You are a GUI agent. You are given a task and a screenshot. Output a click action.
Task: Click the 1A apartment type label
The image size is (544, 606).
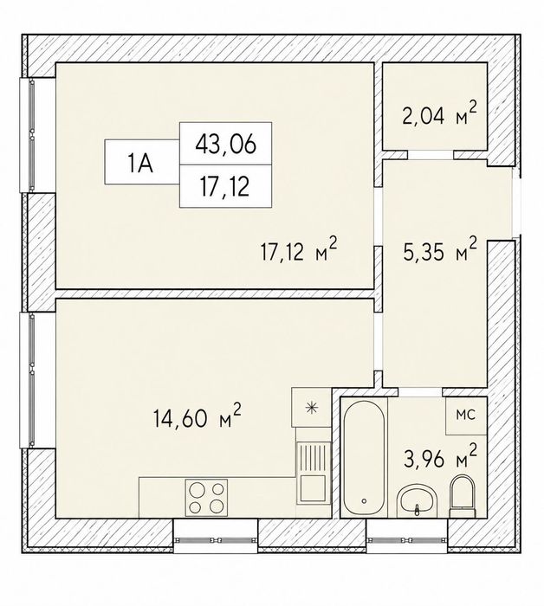pos(141,164)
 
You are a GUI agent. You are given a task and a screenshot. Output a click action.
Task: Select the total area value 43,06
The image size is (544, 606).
pos(226,145)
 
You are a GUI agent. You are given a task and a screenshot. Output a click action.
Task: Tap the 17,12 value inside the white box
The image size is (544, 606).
pos(224,188)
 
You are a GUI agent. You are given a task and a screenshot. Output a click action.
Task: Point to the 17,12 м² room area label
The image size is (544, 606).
pos(299,252)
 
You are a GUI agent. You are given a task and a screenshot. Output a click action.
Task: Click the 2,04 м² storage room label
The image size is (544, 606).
pos(439,114)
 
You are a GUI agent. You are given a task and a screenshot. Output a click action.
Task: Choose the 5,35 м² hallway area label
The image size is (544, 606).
pos(439,251)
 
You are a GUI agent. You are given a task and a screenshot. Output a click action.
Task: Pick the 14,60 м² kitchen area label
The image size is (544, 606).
pos(198,416)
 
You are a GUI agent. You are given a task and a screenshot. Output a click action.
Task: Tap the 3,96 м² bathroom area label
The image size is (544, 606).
pos(440,458)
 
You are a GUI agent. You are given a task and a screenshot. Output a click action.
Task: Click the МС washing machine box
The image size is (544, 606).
pos(465,416)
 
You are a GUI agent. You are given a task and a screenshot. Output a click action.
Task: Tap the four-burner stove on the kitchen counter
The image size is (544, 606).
pos(206,498)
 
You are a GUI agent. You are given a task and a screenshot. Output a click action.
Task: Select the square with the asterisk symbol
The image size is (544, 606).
pos(311,407)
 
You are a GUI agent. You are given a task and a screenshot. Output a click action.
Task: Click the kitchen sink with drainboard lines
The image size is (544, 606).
pos(314,473)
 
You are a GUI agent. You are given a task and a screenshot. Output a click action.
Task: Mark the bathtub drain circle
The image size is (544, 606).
pos(364,501)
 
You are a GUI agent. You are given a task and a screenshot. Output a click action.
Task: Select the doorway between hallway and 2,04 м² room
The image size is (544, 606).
pos(431,155)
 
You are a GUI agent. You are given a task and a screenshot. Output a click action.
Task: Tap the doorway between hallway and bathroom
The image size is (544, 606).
pos(420,392)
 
